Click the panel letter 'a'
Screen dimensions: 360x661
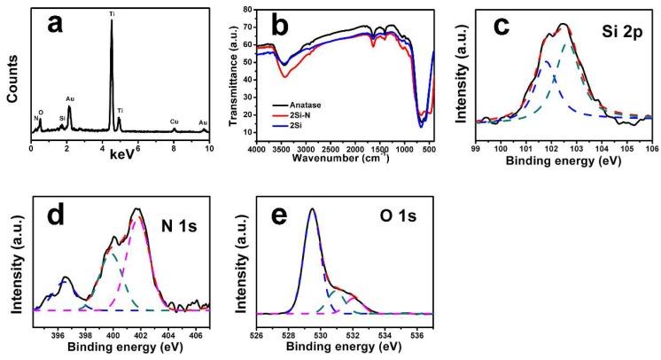[54, 27]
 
